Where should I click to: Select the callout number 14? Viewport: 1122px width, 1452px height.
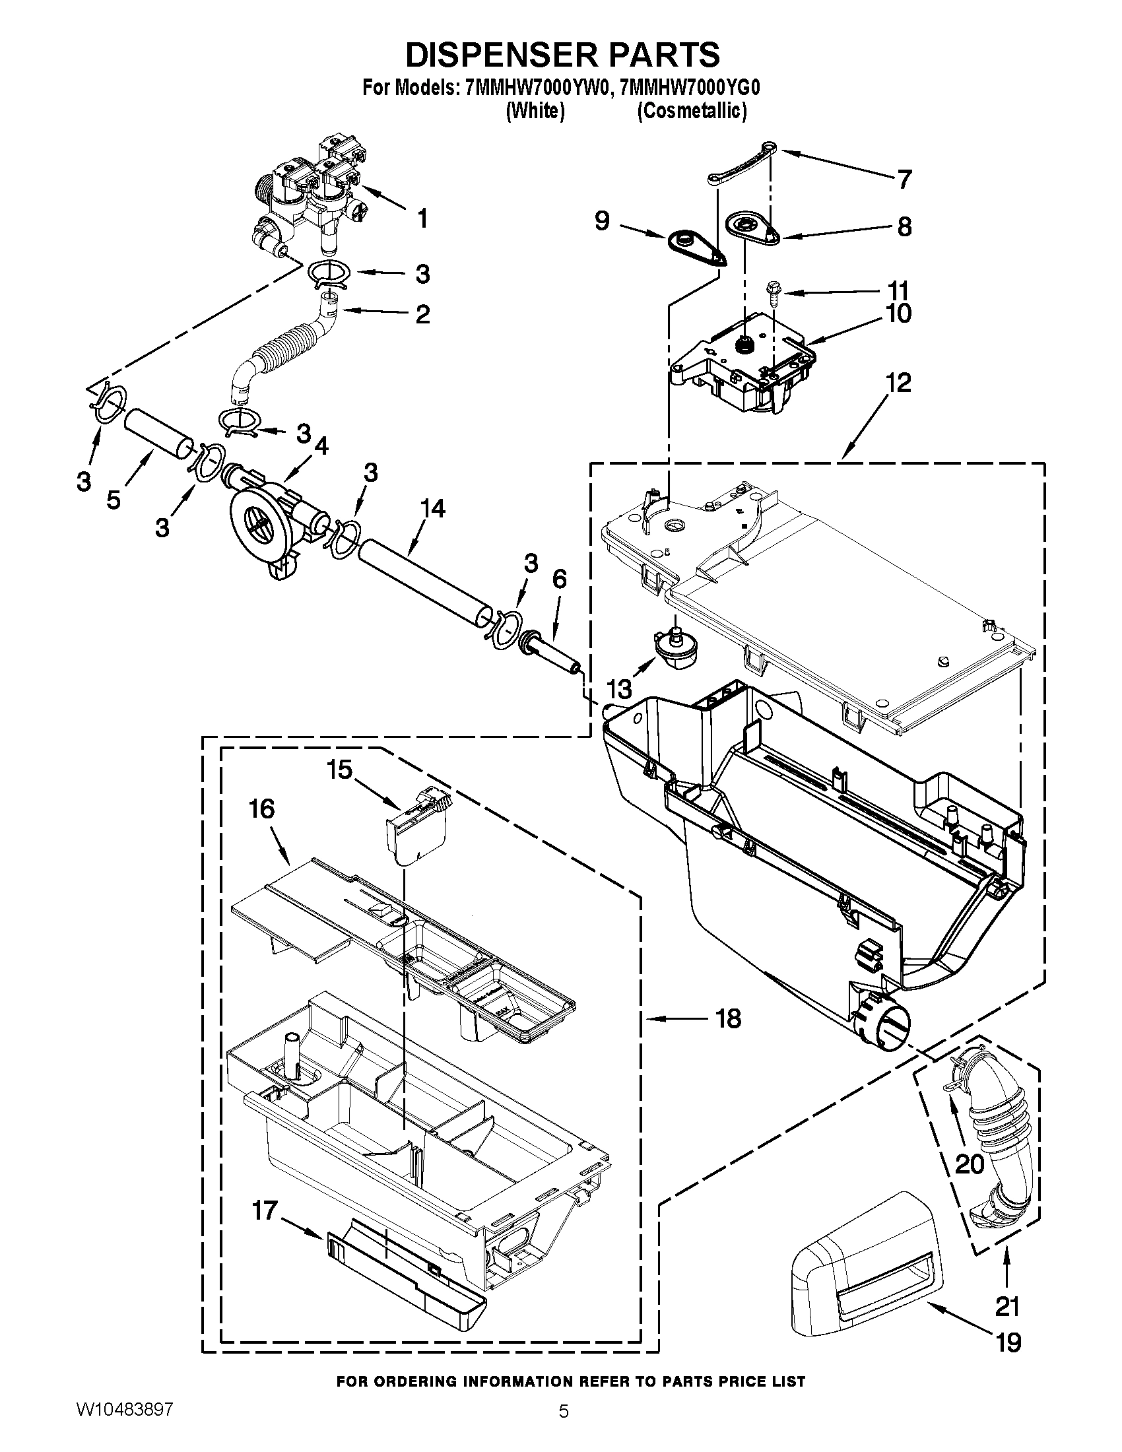pyautogui.click(x=433, y=509)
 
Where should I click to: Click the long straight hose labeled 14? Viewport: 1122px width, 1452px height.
pyautogui.click(x=426, y=582)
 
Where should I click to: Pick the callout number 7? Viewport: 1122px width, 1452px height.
pyautogui.click(x=904, y=179)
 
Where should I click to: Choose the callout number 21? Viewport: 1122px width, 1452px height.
pyautogui.click(x=1007, y=1307)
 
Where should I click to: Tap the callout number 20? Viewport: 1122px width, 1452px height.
pyautogui.click(x=969, y=1164)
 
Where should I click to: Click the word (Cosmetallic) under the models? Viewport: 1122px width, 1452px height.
pyautogui.click(x=691, y=111)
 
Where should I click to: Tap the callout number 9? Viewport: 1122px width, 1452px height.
pyautogui.click(x=601, y=220)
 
